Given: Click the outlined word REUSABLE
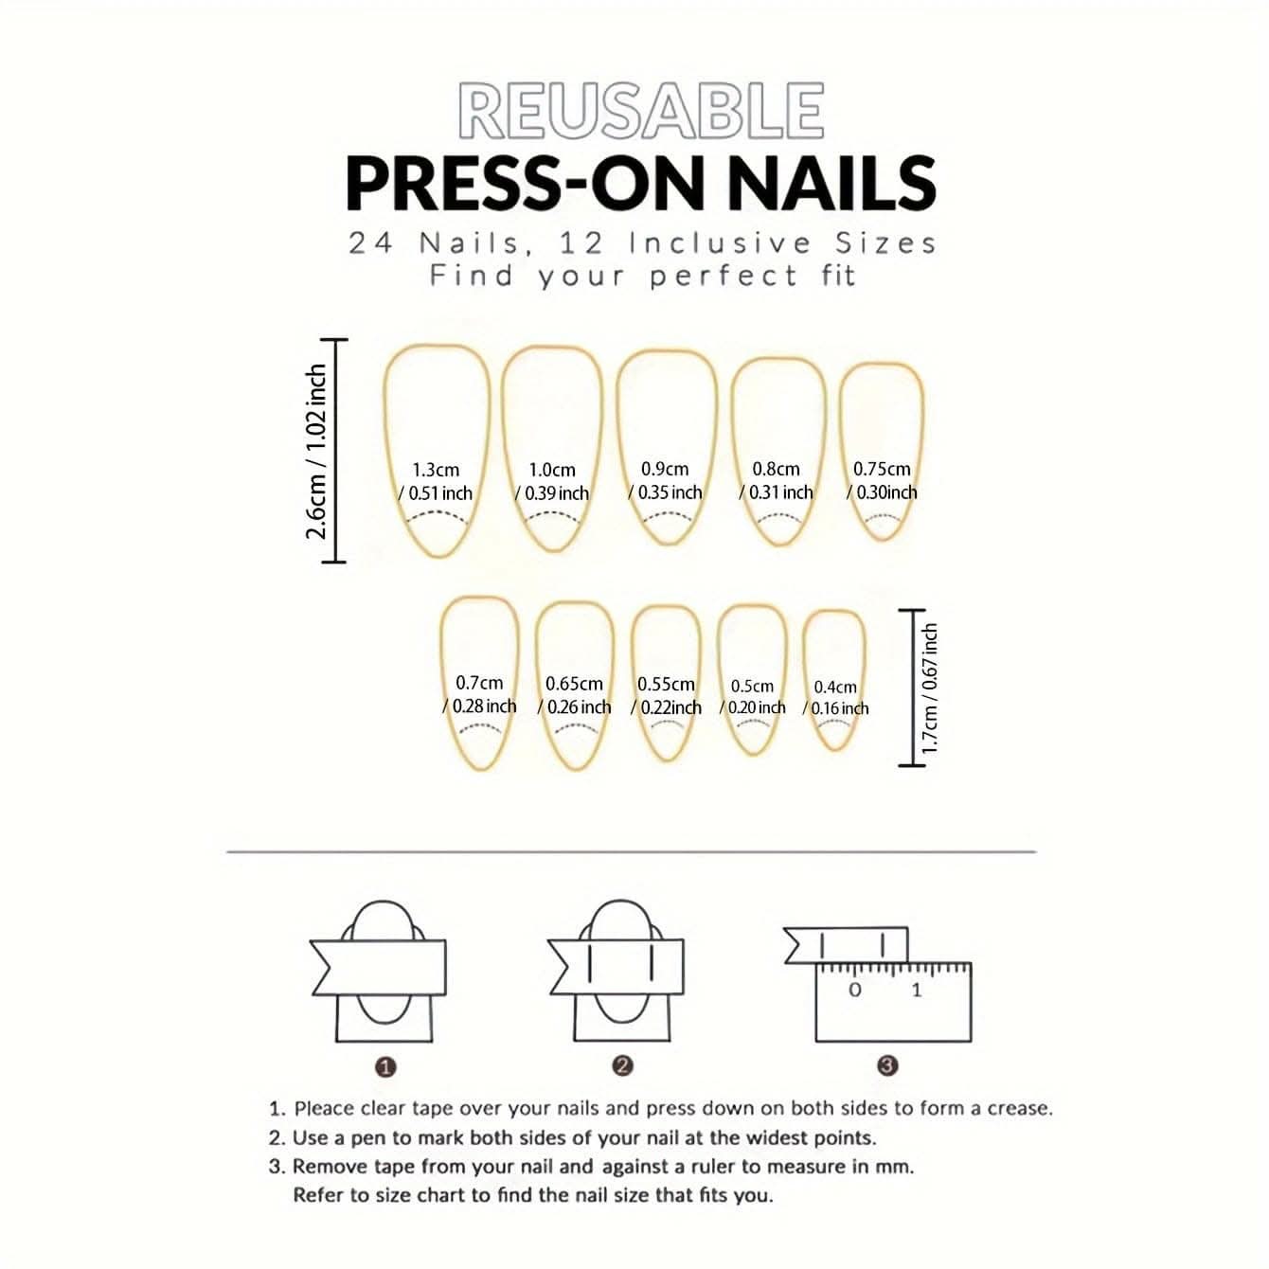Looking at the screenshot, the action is [641, 112].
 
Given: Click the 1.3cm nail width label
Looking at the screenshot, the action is [436, 471].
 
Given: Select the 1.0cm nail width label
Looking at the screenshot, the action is [552, 471].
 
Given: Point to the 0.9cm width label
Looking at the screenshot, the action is [665, 469].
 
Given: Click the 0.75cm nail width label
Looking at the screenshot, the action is [881, 469].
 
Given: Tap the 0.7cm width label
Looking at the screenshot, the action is [479, 683].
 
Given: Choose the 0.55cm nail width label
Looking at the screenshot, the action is [665, 685].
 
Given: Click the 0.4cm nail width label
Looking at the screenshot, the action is [834, 687].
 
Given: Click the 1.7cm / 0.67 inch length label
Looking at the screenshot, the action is [928, 688].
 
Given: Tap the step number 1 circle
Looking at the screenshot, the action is [385, 1066].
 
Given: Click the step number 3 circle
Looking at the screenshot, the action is [887, 1064].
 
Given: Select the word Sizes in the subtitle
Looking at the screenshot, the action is [885, 243].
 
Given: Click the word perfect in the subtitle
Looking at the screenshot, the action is [724, 276].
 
